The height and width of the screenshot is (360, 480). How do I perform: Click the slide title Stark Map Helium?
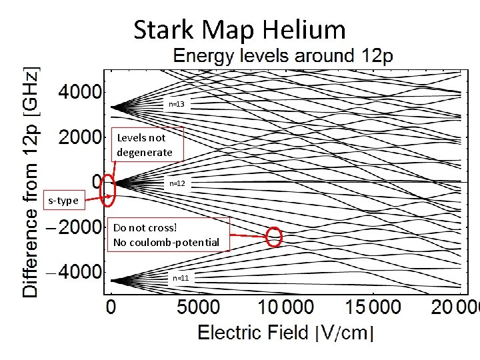pos(239,30)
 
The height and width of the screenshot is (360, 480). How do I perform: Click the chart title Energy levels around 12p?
pos(283,56)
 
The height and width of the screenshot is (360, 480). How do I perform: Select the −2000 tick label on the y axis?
pos(75,227)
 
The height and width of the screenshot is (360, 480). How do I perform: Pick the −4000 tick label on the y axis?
pos(75,273)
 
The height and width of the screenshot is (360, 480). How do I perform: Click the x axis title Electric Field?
pos(253,332)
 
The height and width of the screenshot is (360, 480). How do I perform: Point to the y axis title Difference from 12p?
pos(31,181)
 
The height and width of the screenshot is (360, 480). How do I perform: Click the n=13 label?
pos(177,104)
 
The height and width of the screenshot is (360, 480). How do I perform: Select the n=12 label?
pos(177,183)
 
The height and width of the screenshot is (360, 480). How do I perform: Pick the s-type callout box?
pos(63,200)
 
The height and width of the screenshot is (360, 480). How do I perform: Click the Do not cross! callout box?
pos(166,234)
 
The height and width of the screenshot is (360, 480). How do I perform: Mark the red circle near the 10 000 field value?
pos(274,237)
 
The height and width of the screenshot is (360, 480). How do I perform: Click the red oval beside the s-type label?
pos(107,189)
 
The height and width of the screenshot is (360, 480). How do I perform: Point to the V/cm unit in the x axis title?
pos(344,332)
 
